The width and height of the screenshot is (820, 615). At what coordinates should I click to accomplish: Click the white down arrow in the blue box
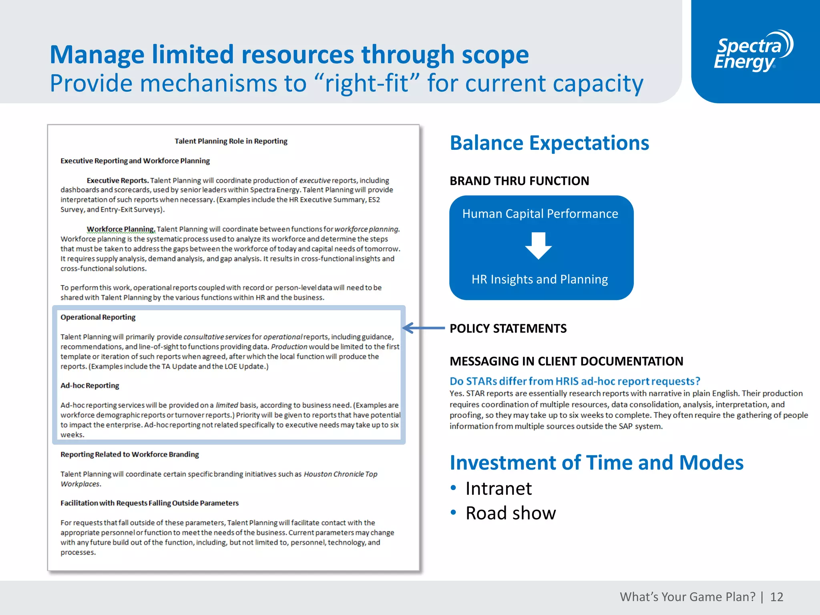point(539,245)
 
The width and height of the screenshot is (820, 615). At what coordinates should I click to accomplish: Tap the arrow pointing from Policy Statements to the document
point(424,328)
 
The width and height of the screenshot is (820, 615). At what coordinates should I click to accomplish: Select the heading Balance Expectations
point(549,143)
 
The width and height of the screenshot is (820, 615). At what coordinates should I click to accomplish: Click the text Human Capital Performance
point(540,214)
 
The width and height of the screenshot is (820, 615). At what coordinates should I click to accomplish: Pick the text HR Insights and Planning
point(539,279)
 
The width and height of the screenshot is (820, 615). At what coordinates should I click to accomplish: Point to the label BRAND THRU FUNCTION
point(519,181)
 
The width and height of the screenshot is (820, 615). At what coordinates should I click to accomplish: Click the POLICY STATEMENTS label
point(508,329)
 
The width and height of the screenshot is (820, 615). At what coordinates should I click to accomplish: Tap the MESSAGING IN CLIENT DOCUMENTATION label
point(566,362)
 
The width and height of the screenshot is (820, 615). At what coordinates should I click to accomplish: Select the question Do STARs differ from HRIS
point(575,381)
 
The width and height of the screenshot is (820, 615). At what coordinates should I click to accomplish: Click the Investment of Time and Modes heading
point(596,463)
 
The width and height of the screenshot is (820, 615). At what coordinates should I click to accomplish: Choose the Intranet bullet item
point(498,489)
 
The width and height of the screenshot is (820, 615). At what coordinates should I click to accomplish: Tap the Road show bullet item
point(510,513)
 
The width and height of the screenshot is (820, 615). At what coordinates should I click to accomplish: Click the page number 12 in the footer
point(776,597)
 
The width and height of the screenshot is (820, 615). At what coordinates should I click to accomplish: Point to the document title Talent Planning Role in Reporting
point(231,141)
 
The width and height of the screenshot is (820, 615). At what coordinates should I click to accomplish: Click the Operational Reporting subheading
point(98,317)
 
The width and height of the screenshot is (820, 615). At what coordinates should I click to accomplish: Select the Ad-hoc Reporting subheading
point(90,386)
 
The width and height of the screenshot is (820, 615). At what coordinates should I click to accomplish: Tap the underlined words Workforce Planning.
point(121,229)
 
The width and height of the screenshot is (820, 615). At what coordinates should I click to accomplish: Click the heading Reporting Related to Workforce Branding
point(130,454)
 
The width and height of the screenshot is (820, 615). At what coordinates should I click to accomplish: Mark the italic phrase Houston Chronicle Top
point(340,474)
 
